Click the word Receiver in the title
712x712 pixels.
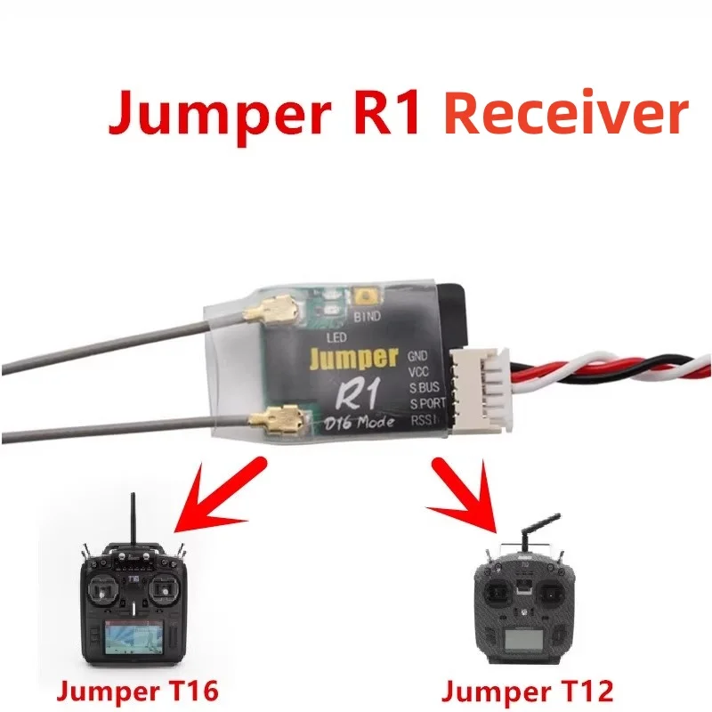click(566, 114)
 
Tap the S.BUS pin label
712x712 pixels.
click(424, 389)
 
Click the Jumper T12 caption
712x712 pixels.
click(528, 691)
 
